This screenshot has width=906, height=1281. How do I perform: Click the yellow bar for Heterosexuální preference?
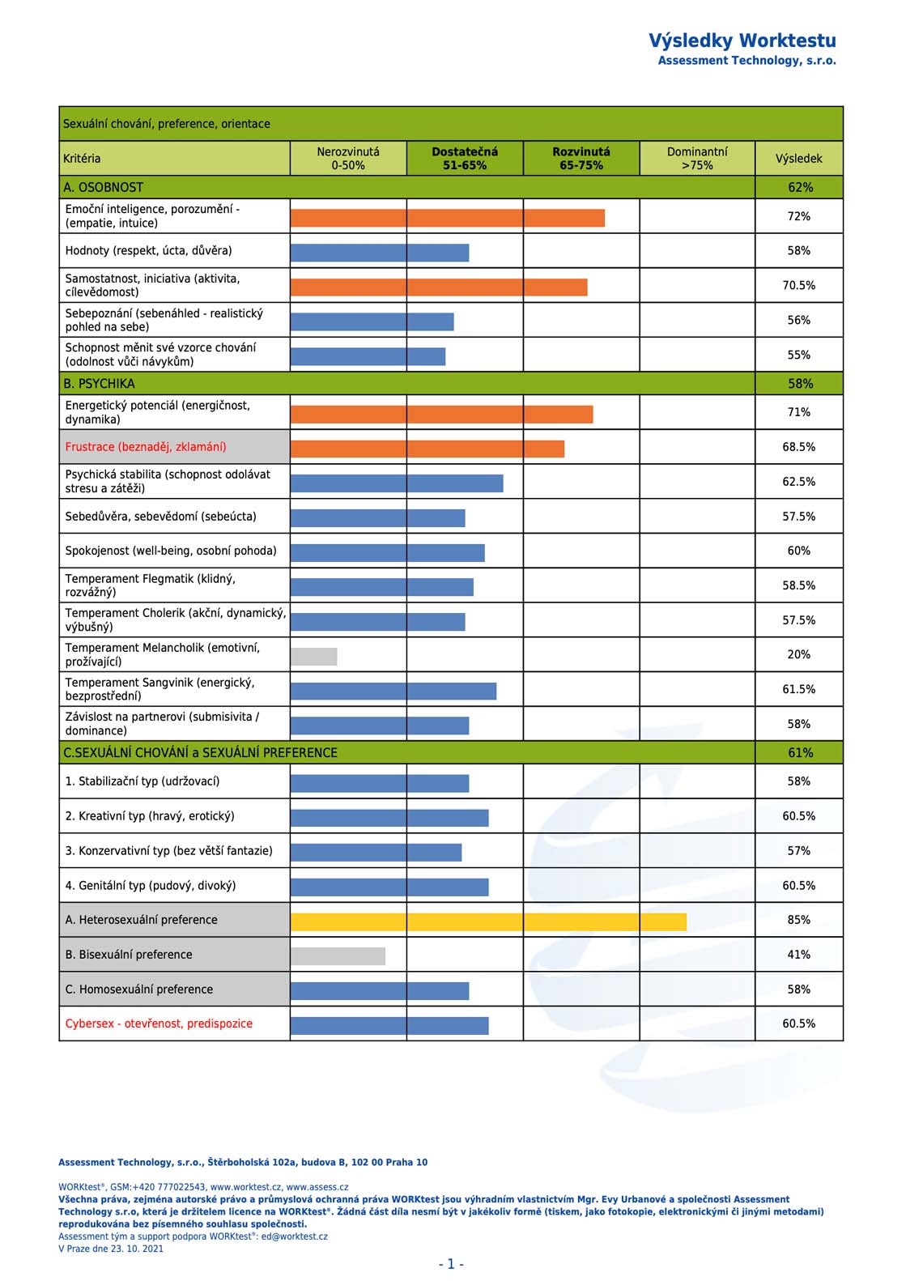pos(488,921)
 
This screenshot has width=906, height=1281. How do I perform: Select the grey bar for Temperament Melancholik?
pos(314,657)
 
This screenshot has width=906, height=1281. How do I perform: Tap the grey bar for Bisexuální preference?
pos(338,956)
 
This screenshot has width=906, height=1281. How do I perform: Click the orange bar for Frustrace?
pos(427,449)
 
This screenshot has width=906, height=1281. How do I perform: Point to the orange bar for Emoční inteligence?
pos(447,218)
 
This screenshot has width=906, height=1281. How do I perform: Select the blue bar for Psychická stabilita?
pos(397,483)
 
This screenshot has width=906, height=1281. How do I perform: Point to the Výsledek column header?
pos(799,159)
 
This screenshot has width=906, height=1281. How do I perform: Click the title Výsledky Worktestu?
pos(742,40)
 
